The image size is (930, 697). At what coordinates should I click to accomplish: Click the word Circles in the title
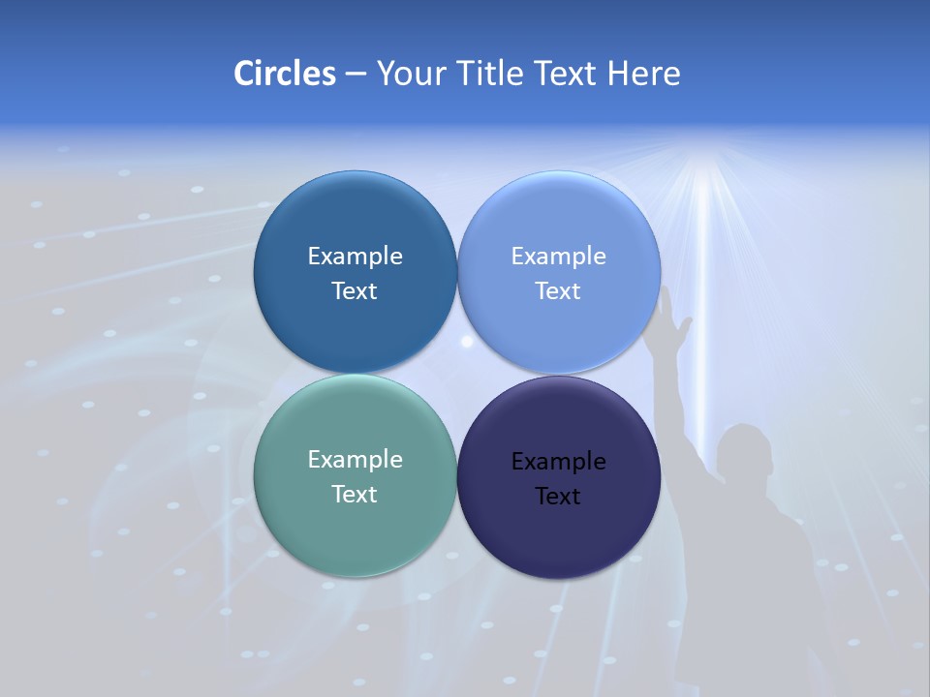[x=285, y=74]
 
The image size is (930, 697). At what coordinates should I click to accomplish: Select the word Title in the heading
[x=490, y=74]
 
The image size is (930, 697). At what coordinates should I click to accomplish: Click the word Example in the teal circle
[x=355, y=460]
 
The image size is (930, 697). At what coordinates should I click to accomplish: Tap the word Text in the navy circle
[x=558, y=497]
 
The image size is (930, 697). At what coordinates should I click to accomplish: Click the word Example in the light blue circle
[x=558, y=257]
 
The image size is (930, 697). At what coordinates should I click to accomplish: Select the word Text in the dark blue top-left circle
[x=355, y=291]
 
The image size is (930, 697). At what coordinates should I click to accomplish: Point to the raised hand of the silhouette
[x=674, y=319]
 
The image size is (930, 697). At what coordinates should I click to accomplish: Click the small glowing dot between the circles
[x=467, y=341]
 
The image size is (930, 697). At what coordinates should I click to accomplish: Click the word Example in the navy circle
[x=558, y=462]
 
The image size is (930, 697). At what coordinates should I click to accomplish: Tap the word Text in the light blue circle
[x=558, y=291]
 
